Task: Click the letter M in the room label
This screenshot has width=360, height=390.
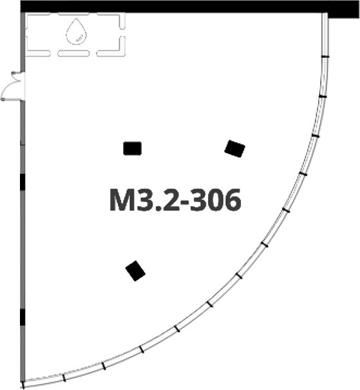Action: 123,200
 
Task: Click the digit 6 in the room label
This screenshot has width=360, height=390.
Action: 232,200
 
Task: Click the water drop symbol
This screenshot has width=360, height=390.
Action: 77,32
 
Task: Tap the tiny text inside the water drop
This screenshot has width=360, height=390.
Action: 79,39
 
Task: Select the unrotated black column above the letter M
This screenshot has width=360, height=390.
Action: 133,149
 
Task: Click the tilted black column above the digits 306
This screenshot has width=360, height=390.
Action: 235,149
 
